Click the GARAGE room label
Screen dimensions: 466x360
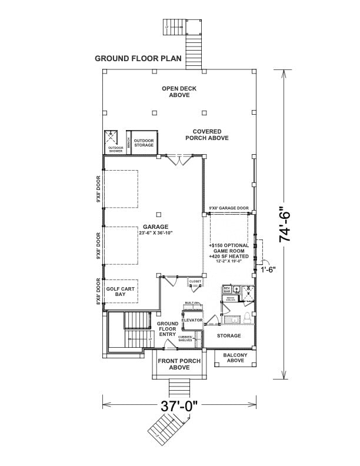coord(155,227)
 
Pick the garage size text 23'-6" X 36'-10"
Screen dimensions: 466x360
coord(155,233)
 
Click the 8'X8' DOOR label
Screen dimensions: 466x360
coord(98,292)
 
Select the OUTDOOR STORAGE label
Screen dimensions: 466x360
coord(144,143)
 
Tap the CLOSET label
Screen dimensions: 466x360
coord(195,282)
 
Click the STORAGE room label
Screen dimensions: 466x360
coord(229,335)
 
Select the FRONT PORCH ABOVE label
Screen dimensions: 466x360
coord(179,364)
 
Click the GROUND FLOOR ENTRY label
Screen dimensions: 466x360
coord(167,329)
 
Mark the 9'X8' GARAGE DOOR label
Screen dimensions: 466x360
coord(229,208)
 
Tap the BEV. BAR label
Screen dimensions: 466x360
coord(227,289)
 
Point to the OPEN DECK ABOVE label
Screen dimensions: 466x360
coord(179,92)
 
